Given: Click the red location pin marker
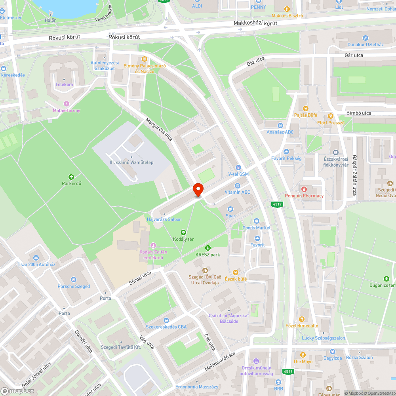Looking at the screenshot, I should coord(198,190).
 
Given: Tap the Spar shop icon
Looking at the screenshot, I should coord(230,209).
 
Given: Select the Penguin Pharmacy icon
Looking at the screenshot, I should coord(304,189).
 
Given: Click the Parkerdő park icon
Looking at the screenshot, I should coord(71,177).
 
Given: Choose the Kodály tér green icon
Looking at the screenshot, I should coord(183,232).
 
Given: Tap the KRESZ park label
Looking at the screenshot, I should coord(208,255).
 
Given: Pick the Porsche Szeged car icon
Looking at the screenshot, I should coord(74,280).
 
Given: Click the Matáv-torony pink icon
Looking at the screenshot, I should coord(66,104).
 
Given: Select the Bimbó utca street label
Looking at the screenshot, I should coord(359,113).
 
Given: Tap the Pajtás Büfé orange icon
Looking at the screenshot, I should coord(305,108).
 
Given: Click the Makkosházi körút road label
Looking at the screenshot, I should coord(255,23).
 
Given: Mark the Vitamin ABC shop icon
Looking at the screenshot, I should coord(238,185).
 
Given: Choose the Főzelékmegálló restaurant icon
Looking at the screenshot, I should coord(302,319).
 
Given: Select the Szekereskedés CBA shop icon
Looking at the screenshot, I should coord(166,320).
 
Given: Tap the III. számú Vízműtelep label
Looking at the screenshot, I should coord(131,162).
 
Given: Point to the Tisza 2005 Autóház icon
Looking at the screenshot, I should coord(36,257).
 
